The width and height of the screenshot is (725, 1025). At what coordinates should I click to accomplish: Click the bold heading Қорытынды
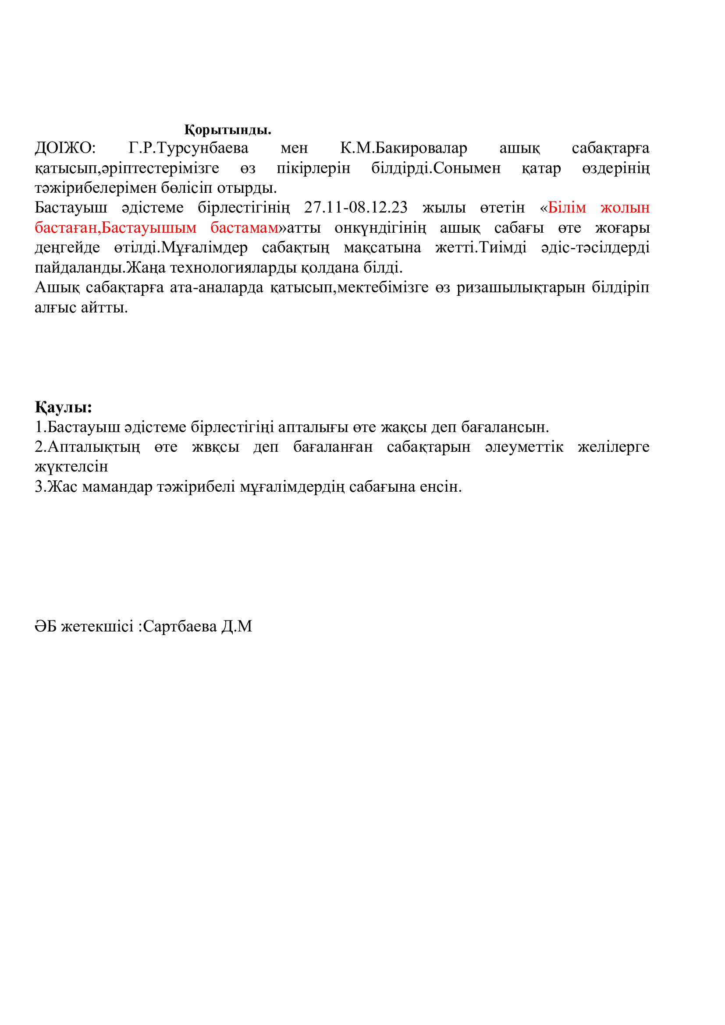point(227,130)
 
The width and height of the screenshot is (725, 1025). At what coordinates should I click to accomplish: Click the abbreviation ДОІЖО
point(65,148)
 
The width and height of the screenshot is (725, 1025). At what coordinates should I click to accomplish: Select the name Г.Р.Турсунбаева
point(188,148)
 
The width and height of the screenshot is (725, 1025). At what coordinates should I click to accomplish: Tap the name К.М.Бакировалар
point(404,148)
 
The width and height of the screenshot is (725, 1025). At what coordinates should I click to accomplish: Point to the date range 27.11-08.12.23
point(356,207)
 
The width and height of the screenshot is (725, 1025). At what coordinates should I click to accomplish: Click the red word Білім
point(566,207)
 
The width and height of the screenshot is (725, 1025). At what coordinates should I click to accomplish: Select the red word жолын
point(625,207)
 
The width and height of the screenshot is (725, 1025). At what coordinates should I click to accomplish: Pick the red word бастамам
point(245,227)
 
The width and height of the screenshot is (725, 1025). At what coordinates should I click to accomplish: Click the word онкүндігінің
point(380,227)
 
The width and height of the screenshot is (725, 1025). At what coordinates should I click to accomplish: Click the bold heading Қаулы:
point(64,407)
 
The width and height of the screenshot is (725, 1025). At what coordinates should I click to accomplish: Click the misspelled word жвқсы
point(216,447)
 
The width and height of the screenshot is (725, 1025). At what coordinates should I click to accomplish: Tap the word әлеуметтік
point(524,447)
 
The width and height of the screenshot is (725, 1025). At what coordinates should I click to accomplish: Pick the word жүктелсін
point(71,467)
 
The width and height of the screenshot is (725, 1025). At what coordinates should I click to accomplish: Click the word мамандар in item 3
point(117,486)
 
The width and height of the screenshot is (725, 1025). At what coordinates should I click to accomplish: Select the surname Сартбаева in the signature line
point(180,626)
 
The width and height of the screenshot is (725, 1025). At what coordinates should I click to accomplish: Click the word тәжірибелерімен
point(96,188)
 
